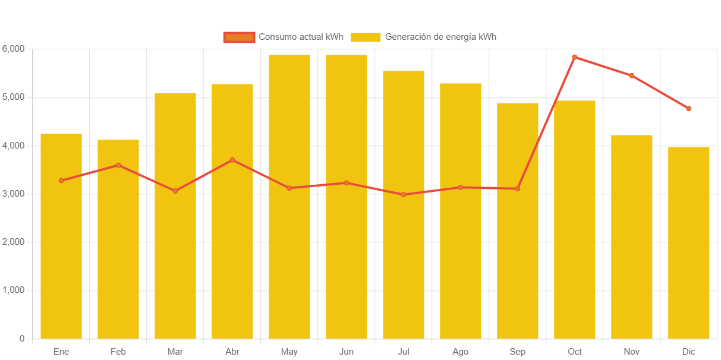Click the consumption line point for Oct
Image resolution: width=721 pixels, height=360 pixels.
tap(575, 57)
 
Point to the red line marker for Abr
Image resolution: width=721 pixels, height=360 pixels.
tap(232, 160)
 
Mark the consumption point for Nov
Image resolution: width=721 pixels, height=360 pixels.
tap(632, 75)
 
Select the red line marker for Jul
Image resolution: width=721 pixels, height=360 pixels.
tap(404, 194)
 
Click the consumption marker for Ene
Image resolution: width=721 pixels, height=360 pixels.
tap(61, 181)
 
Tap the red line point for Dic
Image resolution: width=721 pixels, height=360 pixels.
tap(689, 109)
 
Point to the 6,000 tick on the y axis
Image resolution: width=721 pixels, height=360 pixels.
tap(13, 48)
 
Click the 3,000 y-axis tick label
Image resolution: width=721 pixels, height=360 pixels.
tap(13, 194)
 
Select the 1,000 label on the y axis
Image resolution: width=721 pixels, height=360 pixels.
tap(13, 290)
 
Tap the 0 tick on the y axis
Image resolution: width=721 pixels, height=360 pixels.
tap(22, 339)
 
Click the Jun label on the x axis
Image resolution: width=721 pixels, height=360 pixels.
tap(347, 352)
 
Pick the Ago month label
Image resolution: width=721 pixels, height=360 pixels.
tap(461, 352)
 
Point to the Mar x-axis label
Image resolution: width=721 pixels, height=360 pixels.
tap(175, 352)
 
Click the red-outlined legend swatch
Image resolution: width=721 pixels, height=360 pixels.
tap(239, 37)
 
